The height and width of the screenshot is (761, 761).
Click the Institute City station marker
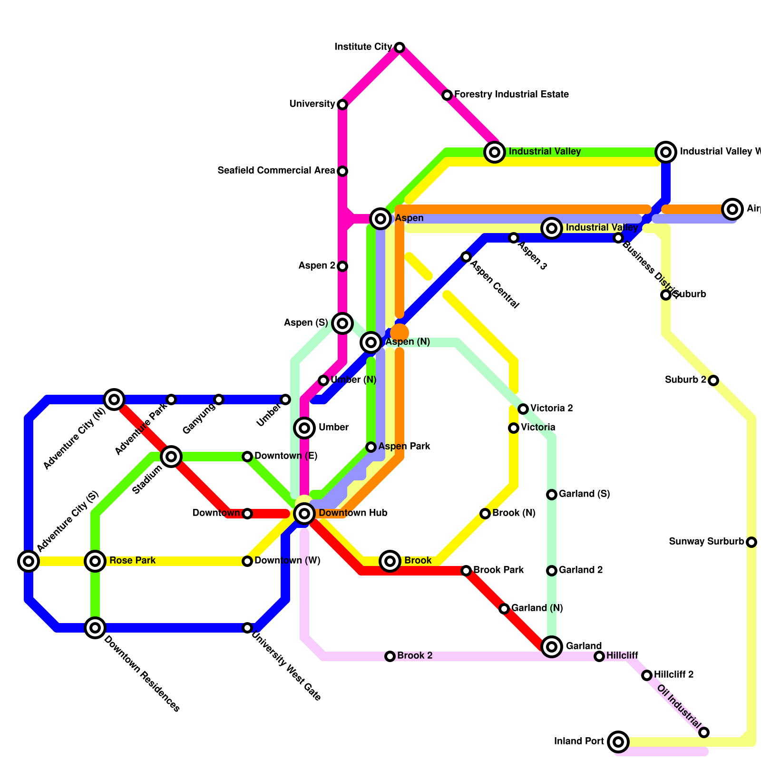(400, 48)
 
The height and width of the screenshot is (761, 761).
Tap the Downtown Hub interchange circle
(304, 513)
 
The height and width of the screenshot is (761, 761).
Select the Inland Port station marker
(618, 741)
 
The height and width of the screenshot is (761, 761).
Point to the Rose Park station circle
(95, 561)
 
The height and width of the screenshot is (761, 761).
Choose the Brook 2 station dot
(390, 656)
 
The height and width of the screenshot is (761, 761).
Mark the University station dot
(342, 105)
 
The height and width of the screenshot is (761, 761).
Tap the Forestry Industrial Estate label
(511, 95)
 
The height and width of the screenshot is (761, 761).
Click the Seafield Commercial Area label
(276, 170)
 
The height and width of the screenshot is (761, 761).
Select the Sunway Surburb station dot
(751, 542)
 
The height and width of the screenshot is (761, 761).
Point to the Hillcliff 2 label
(673, 674)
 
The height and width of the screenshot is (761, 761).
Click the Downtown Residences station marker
(95, 628)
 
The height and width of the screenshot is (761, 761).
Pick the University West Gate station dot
(247, 628)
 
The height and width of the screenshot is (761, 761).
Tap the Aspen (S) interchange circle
(342, 323)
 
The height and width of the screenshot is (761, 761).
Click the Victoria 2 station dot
(523, 409)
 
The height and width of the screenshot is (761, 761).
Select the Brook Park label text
(498, 570)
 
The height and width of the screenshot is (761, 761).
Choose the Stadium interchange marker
(171, 457)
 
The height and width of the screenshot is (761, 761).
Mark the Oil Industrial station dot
(704, 732)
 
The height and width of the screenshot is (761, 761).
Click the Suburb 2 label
(685, 380)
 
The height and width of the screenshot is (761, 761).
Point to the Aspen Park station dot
(371, 447)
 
